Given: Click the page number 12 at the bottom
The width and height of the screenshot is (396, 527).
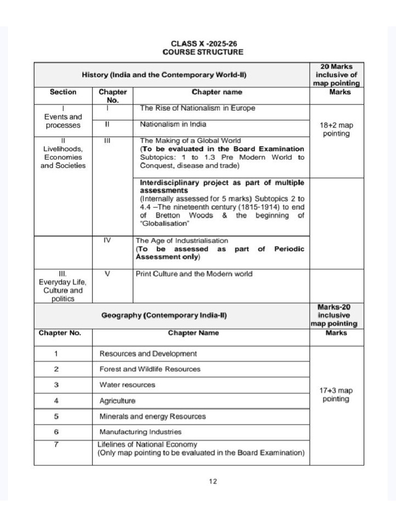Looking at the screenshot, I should (x=213, y=481).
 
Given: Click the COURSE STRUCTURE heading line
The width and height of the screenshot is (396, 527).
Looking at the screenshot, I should (x=203, y=52).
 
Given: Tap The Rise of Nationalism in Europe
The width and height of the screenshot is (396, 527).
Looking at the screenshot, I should (x=197, y=109).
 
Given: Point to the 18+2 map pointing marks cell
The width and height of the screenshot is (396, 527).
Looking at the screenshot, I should (x=336, y=129).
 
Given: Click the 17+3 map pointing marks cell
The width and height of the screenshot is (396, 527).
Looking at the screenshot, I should (x=336, y=395).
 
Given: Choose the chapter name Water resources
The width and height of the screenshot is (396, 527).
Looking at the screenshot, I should (x=127, y=384).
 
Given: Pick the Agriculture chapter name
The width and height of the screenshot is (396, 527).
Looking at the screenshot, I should (x=118, y=400).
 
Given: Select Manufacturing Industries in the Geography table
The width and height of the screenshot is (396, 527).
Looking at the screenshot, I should (x=140, y=432).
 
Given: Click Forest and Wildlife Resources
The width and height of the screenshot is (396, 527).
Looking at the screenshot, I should (x=150, y=369).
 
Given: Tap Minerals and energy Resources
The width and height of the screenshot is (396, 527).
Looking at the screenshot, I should (x=153, y=416).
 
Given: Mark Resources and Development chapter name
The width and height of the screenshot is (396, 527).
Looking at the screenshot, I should (x=148, y=354).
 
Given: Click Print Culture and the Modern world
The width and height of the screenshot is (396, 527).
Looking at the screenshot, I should (x=194, y=274).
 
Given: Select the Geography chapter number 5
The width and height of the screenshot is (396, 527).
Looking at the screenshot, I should (x=56, y=416).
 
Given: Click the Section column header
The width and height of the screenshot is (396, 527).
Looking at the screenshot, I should (x=63, y=92).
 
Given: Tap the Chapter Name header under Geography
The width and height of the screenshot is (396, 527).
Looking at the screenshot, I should (x=193, y=333).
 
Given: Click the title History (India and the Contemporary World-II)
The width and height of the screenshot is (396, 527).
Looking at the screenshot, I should (x=164, y=75).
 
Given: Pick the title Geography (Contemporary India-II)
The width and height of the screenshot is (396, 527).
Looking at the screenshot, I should (x=164, y=315).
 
